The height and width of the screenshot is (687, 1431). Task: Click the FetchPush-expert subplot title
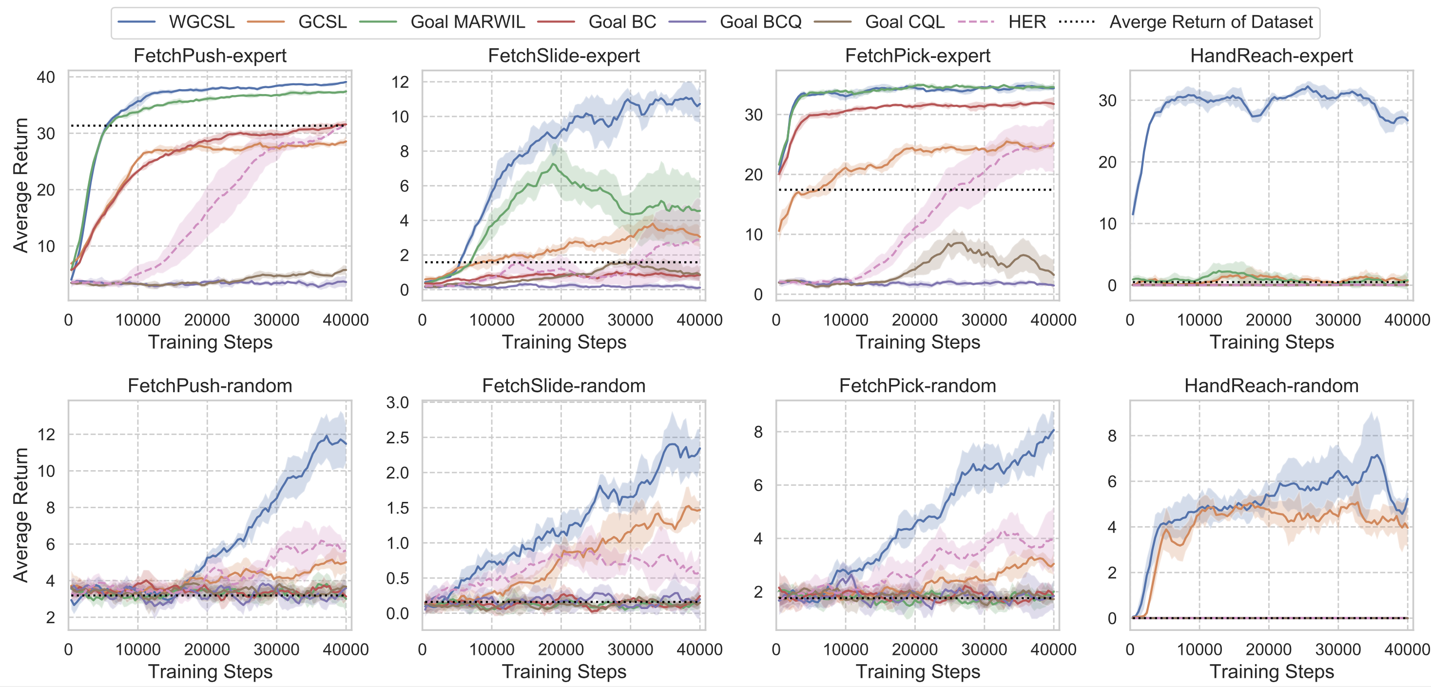[210, 56]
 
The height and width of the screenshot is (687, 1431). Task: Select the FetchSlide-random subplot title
[563, 385]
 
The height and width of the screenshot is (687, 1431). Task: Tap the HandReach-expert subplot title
[1271, 56]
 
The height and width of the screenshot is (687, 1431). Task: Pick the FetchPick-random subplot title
[917, 385]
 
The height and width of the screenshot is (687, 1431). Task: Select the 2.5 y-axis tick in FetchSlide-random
[397, 438]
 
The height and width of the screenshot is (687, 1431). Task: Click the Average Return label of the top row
[20, 186]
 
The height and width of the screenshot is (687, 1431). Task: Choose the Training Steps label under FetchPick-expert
[918, 342]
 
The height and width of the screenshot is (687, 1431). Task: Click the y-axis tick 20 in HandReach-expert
[1107, 162]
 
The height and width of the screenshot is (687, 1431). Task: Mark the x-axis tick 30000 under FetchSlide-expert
[630, 320]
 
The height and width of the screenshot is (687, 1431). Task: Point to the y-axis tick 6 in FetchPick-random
[758, 485]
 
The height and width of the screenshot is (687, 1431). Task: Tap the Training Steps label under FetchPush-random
[210, 671]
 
